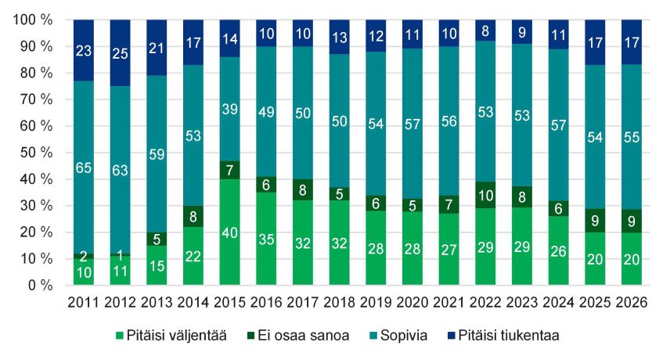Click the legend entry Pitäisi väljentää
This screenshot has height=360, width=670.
[171, 335]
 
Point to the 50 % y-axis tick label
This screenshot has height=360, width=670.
[34, 153]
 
